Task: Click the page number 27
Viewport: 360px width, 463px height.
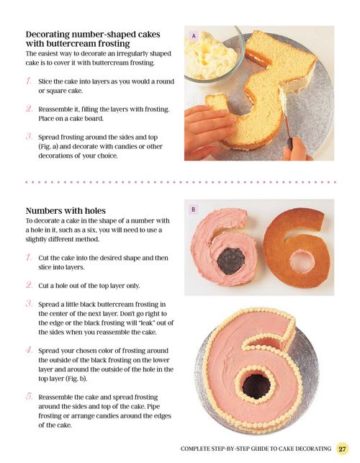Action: click(342, 449)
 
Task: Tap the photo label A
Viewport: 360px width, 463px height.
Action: click(194, 36)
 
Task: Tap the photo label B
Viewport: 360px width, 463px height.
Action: click(194, 210)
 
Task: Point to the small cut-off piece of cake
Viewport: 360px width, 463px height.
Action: click(216, 102)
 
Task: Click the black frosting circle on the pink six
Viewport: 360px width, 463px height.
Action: click(230, 261)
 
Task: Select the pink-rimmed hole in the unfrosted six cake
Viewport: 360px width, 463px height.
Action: click(302, 261)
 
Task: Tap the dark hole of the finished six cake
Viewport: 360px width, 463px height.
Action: click(256, 386)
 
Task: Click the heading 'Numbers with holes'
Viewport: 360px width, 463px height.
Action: click(66, 211)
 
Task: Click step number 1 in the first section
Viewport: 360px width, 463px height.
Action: click(29, 81)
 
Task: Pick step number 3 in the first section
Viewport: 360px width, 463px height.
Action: click(29, 137)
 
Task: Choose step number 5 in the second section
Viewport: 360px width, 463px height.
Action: click(29, 397)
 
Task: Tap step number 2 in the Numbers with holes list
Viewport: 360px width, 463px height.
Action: click(29, 285)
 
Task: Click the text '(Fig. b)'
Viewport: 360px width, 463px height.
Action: click(78, 379)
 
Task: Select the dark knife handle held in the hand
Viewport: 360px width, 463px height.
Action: click(290, 143)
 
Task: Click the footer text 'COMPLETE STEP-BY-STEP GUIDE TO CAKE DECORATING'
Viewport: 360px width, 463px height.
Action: click(256, 449)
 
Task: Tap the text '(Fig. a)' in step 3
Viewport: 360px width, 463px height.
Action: click(48, 146)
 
